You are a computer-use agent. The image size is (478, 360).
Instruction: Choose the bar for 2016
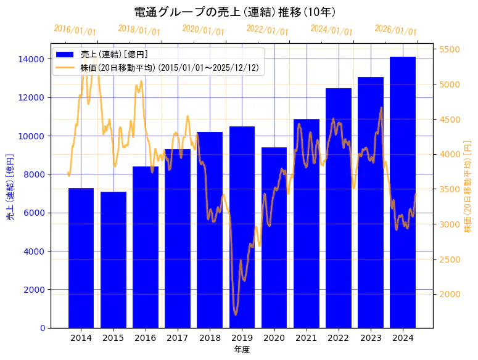coord(146,247)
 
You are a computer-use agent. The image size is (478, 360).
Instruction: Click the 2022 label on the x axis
coord(339,338)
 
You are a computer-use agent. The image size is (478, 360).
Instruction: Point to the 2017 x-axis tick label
coord(178,338)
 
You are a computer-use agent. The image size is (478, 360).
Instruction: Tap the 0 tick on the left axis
coord(42,328)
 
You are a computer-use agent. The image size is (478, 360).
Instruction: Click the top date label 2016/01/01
coord(75,30)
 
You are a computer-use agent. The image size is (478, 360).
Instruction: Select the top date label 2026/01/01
coord(395,30)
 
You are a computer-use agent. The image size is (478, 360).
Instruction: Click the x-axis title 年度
coord(242,350)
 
